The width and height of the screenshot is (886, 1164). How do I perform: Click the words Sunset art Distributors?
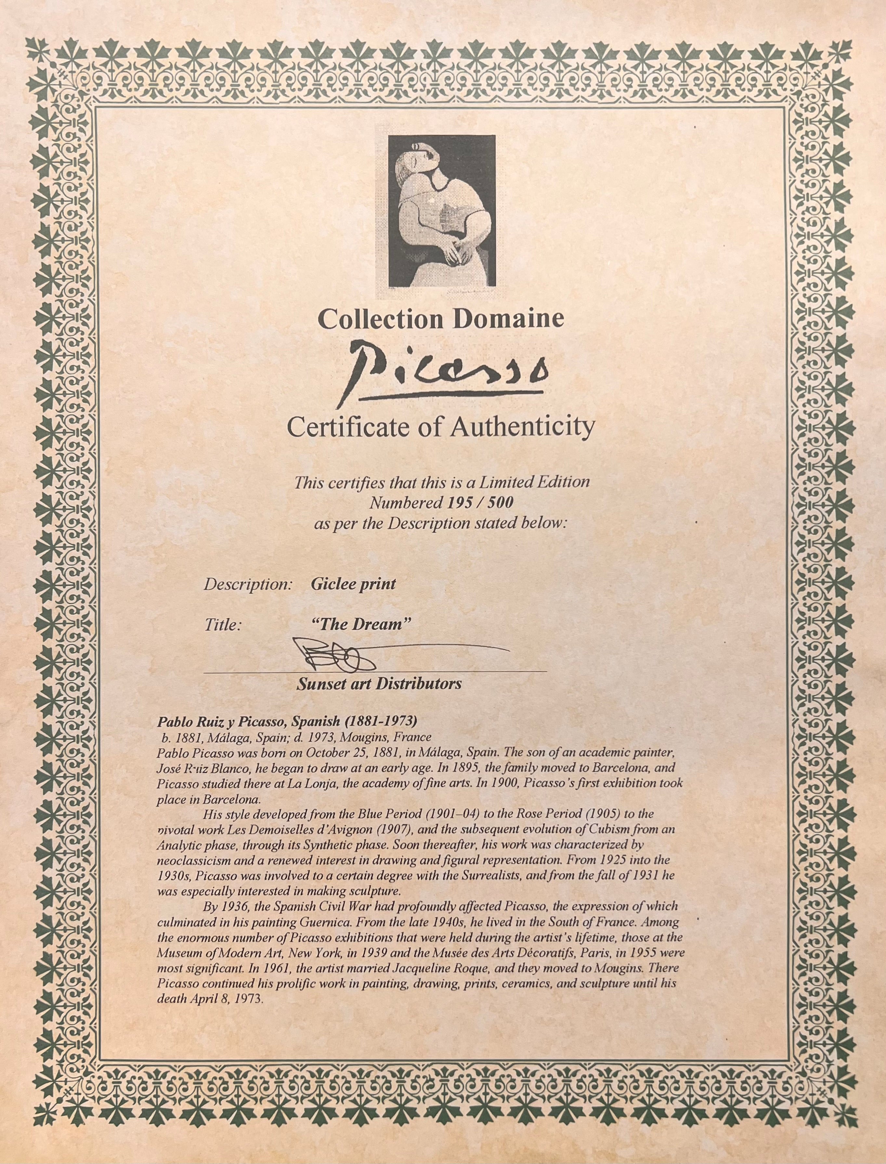coord(379,684)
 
